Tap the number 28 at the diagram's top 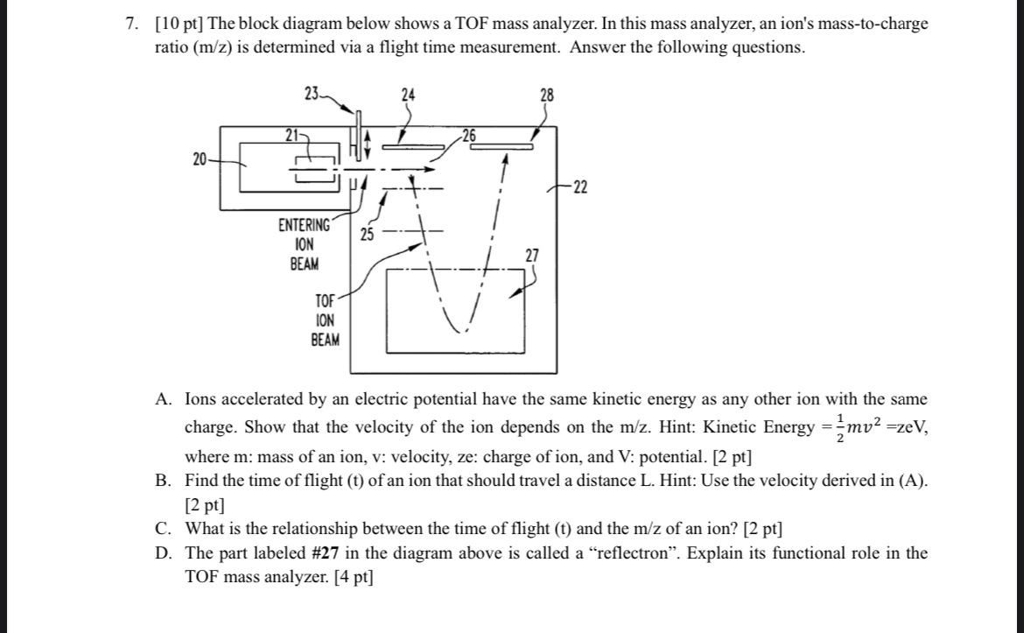547,95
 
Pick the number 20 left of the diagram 200,158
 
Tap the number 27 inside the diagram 532,255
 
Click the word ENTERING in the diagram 305,226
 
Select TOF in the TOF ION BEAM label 326,300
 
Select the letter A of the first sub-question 163,399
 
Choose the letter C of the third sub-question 163,529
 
